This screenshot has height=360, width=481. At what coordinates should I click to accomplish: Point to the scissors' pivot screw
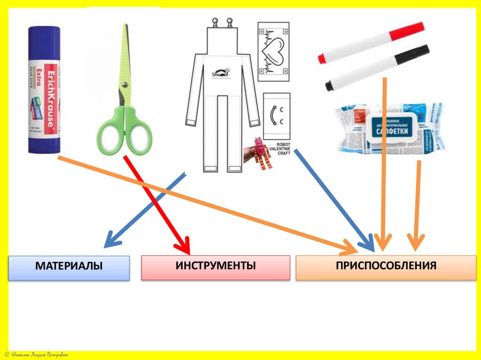pos(124,85)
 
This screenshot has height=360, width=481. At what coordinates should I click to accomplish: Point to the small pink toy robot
pos(259,153)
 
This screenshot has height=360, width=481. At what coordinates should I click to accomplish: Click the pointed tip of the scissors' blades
pos(125,26)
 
